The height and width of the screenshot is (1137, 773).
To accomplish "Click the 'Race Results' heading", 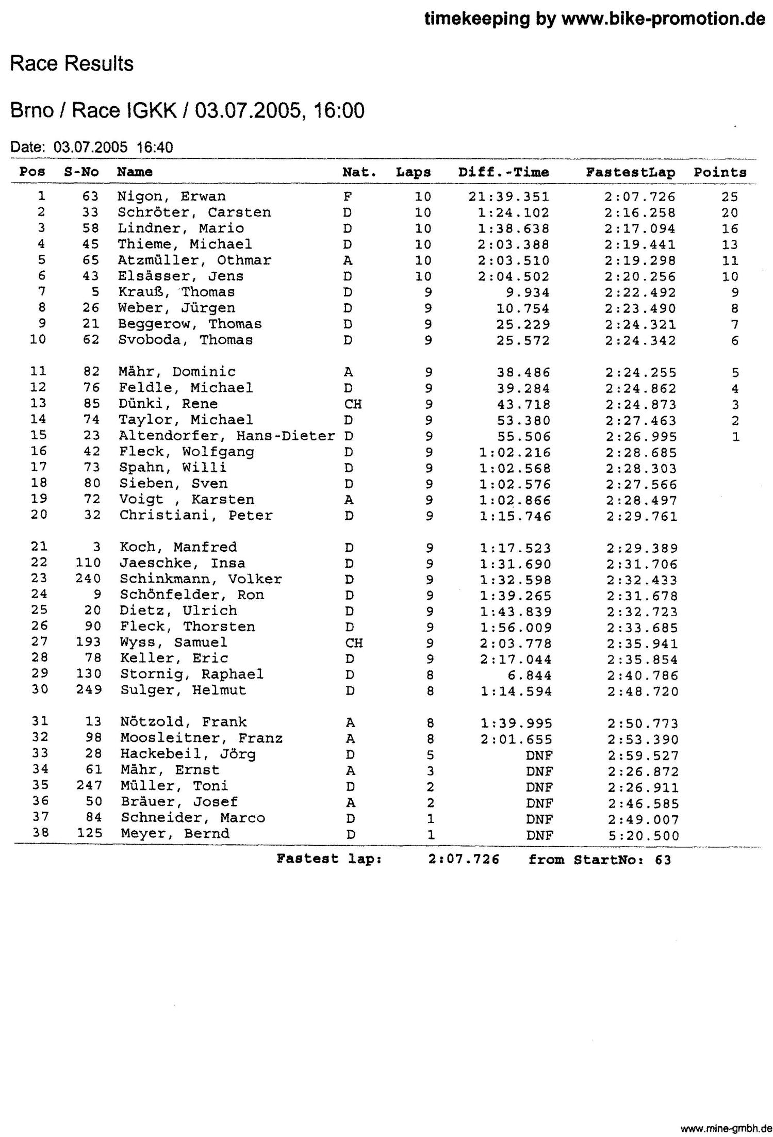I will [x=72, y=64].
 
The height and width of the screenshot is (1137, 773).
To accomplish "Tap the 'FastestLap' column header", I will [x=630, y=172].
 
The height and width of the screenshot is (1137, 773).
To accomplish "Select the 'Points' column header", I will [x=720, y=173].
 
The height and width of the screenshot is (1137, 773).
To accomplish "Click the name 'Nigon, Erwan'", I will [x=171, y=196].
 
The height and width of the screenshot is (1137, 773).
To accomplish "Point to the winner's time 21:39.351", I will [x=509, y=197].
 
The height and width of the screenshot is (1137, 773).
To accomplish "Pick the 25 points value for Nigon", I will [x=730, y=197].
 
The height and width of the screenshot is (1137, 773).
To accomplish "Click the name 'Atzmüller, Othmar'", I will [x=194, y=260].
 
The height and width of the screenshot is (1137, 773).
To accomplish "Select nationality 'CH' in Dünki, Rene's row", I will [x=353, y=404].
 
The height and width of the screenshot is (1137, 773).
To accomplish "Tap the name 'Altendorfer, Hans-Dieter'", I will [x=227, y=436].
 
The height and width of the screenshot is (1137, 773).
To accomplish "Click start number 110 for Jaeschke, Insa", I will [x=88, y=563].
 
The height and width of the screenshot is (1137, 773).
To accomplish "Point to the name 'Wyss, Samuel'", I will [x=173, y=642].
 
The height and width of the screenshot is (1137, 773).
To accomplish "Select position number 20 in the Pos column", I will [x=39, y=515].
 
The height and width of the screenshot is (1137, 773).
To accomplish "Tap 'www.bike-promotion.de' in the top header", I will [x=663, y=19].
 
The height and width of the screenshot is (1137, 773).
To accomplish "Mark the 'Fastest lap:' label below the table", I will [x=330, y=859].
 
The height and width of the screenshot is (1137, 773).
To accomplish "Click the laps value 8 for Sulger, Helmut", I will [x=430, y=691].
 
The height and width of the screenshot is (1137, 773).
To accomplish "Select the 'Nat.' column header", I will [x=359, y=172].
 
